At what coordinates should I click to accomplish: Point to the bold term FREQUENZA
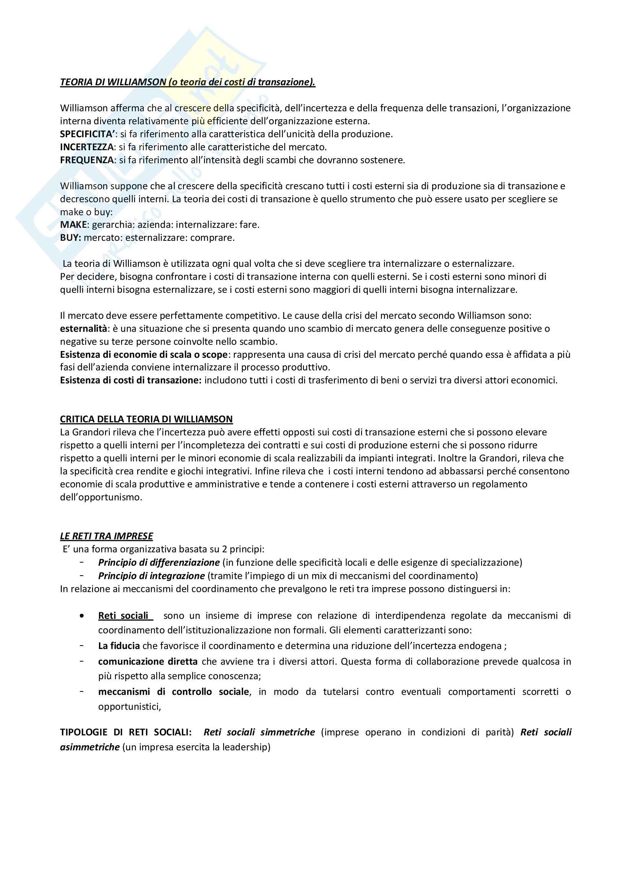pos(87,160)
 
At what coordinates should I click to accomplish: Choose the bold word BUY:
pos(70,237)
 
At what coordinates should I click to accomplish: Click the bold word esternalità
pos(83,329)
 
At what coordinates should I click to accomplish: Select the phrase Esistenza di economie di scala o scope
pos(144,355)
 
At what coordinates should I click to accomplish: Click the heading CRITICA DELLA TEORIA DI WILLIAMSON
pos(146,419)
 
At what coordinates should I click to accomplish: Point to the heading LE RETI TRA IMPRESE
pos(106,536)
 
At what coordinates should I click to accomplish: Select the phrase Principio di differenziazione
pos(159,562)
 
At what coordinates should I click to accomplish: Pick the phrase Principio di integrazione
pos(151,576)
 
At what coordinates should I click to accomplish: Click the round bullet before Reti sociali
pos(81,617)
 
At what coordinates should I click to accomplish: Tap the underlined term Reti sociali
pos(123,616)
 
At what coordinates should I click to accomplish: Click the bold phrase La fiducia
pos(119,646)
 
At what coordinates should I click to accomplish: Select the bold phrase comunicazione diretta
pos(148,662)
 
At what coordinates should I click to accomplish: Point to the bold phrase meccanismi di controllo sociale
pos(173,692)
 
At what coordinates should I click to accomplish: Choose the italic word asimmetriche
pos(89,747)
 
